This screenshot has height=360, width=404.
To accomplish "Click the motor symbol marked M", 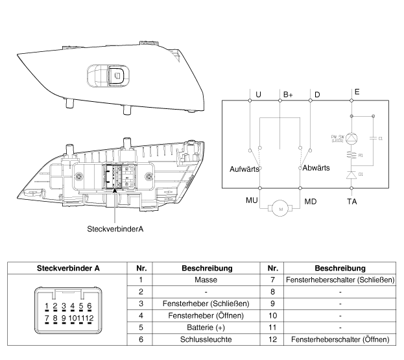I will (x=280, y=209).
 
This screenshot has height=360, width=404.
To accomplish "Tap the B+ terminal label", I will (x=288, y=95).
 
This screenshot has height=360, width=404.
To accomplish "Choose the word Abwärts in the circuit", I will (x=317, y=167).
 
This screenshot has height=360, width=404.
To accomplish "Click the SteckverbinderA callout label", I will (x=115, y=229).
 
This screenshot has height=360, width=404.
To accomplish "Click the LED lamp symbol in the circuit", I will (x=351, y=138).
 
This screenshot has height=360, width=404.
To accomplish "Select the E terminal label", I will (x=357, y=93).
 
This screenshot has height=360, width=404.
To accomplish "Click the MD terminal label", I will (x=311, y=202).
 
